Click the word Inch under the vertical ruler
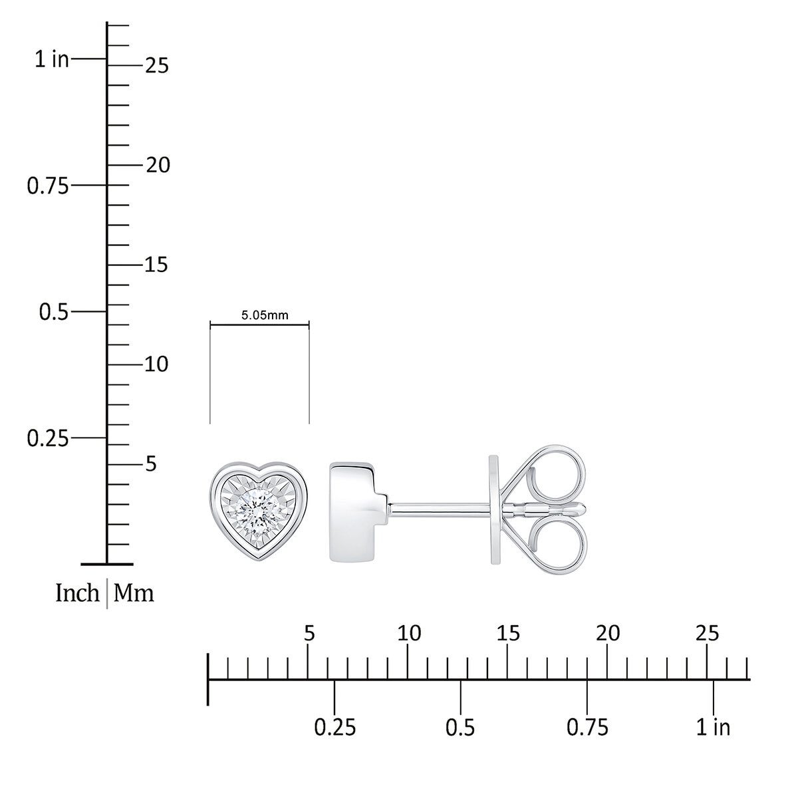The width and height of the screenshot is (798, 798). [x=77, y=593]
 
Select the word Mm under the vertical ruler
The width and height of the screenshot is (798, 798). [x=134, y=593]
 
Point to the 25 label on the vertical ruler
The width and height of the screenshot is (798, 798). [x=157, y=66]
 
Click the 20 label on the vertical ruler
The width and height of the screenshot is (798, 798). [x=158, y=165]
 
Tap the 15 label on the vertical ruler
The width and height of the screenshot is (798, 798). [x=156, y=265]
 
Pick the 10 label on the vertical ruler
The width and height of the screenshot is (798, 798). [x=156, y=365]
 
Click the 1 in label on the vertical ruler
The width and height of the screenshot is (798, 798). [x=52, y=59]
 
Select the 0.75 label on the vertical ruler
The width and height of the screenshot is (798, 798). [x=48, y=186]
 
